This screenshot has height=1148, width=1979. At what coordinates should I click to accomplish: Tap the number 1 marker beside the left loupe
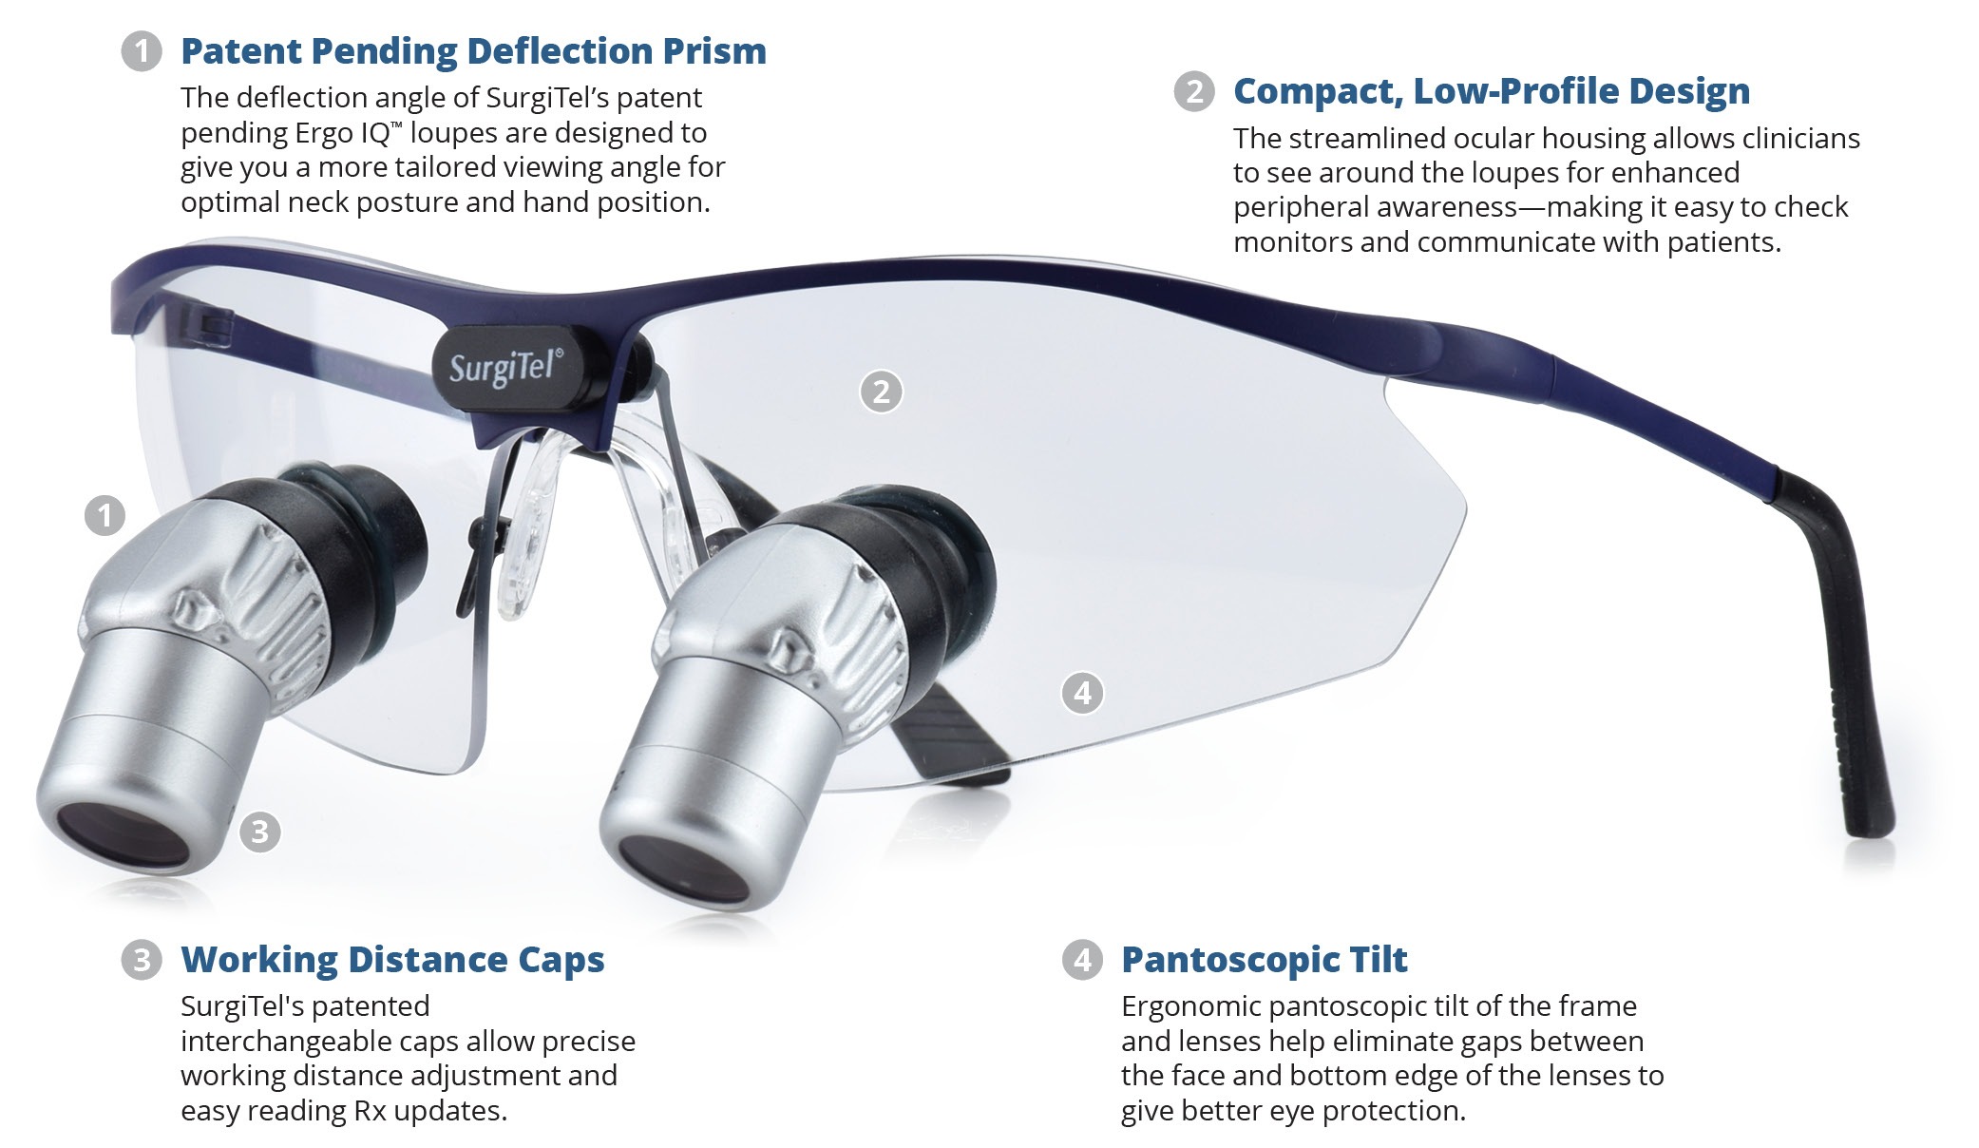[105, 516]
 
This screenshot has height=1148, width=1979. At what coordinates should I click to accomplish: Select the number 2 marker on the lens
[881, 392]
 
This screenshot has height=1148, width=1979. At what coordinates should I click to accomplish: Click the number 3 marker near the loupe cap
[259, 832]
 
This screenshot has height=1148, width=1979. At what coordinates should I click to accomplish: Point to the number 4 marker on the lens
[1082, 693]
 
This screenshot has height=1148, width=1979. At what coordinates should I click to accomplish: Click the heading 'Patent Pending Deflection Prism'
[473, 51]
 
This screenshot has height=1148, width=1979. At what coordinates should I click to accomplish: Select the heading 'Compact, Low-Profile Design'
[1492, 91]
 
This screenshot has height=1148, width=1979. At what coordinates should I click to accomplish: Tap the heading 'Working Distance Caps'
[392, 960]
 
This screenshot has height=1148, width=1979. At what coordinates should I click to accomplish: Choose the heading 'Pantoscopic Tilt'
[1265, 960]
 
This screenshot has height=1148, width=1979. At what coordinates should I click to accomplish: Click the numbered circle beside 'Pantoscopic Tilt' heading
[1082, 960]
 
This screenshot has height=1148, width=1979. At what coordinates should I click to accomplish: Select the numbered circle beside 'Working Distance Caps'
[142, 960]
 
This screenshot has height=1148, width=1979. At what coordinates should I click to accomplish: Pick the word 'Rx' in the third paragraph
[370, 1111]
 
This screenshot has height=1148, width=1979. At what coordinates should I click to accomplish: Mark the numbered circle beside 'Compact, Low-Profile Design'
[1194, 91]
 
